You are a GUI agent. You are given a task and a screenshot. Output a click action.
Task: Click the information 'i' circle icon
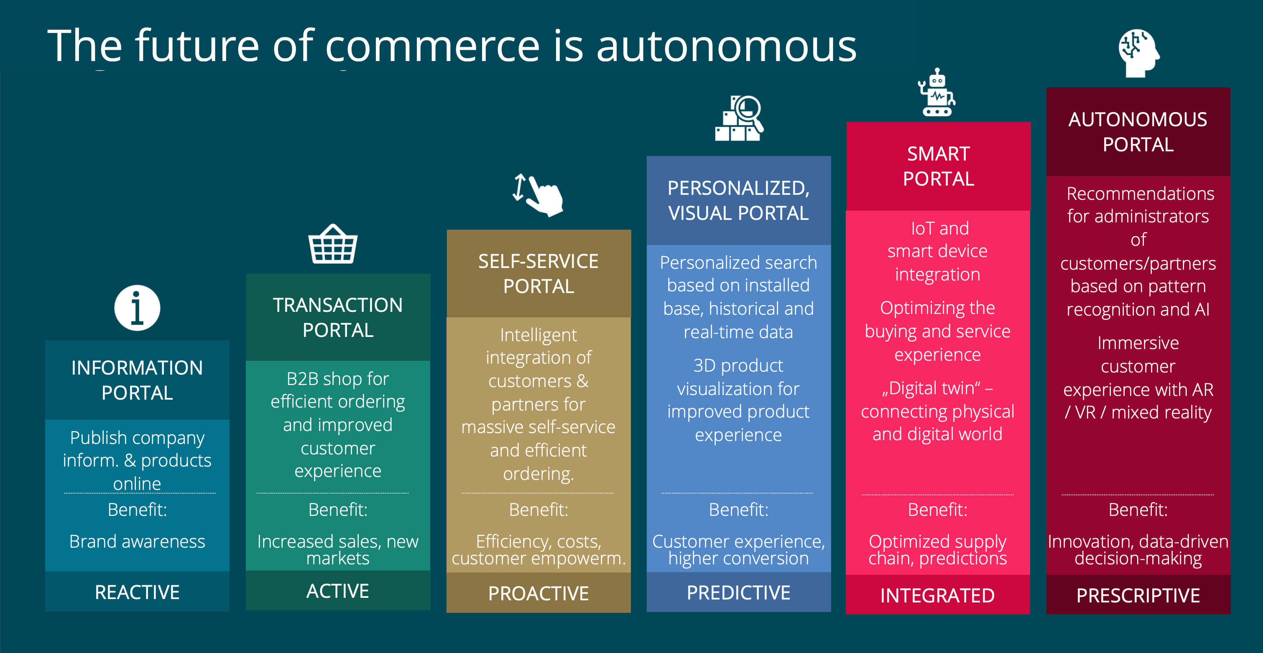(x=137, y=308)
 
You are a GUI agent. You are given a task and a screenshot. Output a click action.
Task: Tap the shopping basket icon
(x=333, y=244)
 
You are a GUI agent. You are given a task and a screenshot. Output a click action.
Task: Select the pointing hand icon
(x=538, y=195)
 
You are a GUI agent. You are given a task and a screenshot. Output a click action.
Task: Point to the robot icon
(x=936, y=92)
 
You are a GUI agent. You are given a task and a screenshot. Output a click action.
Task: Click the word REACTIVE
(x=137, y=592)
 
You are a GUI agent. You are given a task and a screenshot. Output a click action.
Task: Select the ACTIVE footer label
(x=338, y=591)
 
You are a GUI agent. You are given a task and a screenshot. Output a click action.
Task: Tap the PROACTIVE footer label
(x=538, y=593)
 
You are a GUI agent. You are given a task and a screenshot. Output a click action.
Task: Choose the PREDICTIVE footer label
(x=738, y=592)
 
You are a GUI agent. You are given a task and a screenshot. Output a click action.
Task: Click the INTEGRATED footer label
(x=937, y=595)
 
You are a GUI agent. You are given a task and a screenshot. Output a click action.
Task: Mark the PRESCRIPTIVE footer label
(x=1138, y=595)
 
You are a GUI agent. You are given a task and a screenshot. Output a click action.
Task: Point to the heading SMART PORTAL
(x=939, y=166)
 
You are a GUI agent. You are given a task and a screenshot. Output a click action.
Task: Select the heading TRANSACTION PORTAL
(x=338, y=317)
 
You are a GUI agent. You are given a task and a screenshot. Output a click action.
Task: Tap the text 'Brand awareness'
(x=137, y=541)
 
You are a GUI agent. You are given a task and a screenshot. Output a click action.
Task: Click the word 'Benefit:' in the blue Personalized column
(x=738, y=510)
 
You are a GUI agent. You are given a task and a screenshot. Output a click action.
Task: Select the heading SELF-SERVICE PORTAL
(x=538, y=273)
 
